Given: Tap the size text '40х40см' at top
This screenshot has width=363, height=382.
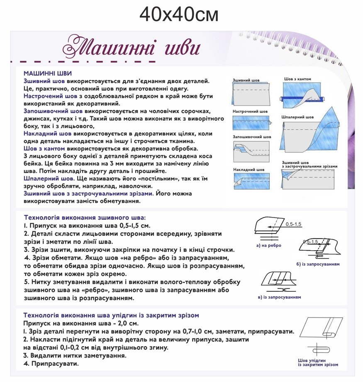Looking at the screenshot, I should pyautogui.click(x=179, y=15).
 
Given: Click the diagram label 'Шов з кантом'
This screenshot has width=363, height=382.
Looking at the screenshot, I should pyautogui.click(x=297, y=79).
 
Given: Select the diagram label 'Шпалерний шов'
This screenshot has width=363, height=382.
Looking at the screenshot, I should pyautogui.click(x=297, y=117).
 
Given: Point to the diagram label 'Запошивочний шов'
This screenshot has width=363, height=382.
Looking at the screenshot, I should pyautogui.click(x=252, y=136).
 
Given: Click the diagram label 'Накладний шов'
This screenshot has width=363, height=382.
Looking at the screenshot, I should pyautogui.click(x=248, y=170).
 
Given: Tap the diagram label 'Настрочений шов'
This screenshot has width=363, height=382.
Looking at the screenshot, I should pyautogui.click(x=250, y=111).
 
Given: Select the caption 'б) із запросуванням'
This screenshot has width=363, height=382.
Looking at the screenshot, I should pyautogui.click(x=318, y=264).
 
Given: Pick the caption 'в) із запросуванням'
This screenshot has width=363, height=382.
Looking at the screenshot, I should pyautogui.click(x=279, y=297).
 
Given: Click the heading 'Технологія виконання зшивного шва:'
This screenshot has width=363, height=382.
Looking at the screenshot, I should pyautogui.click(x=85, y=217).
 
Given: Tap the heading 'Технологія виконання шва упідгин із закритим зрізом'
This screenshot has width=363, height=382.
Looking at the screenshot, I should pyautogui.click(x=112, y=315).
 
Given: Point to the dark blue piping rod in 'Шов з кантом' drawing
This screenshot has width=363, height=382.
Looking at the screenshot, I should pyautogui.click(x=302, y=99).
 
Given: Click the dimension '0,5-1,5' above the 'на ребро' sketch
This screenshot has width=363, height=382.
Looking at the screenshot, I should pyautogui.click(x=293, y=224).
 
